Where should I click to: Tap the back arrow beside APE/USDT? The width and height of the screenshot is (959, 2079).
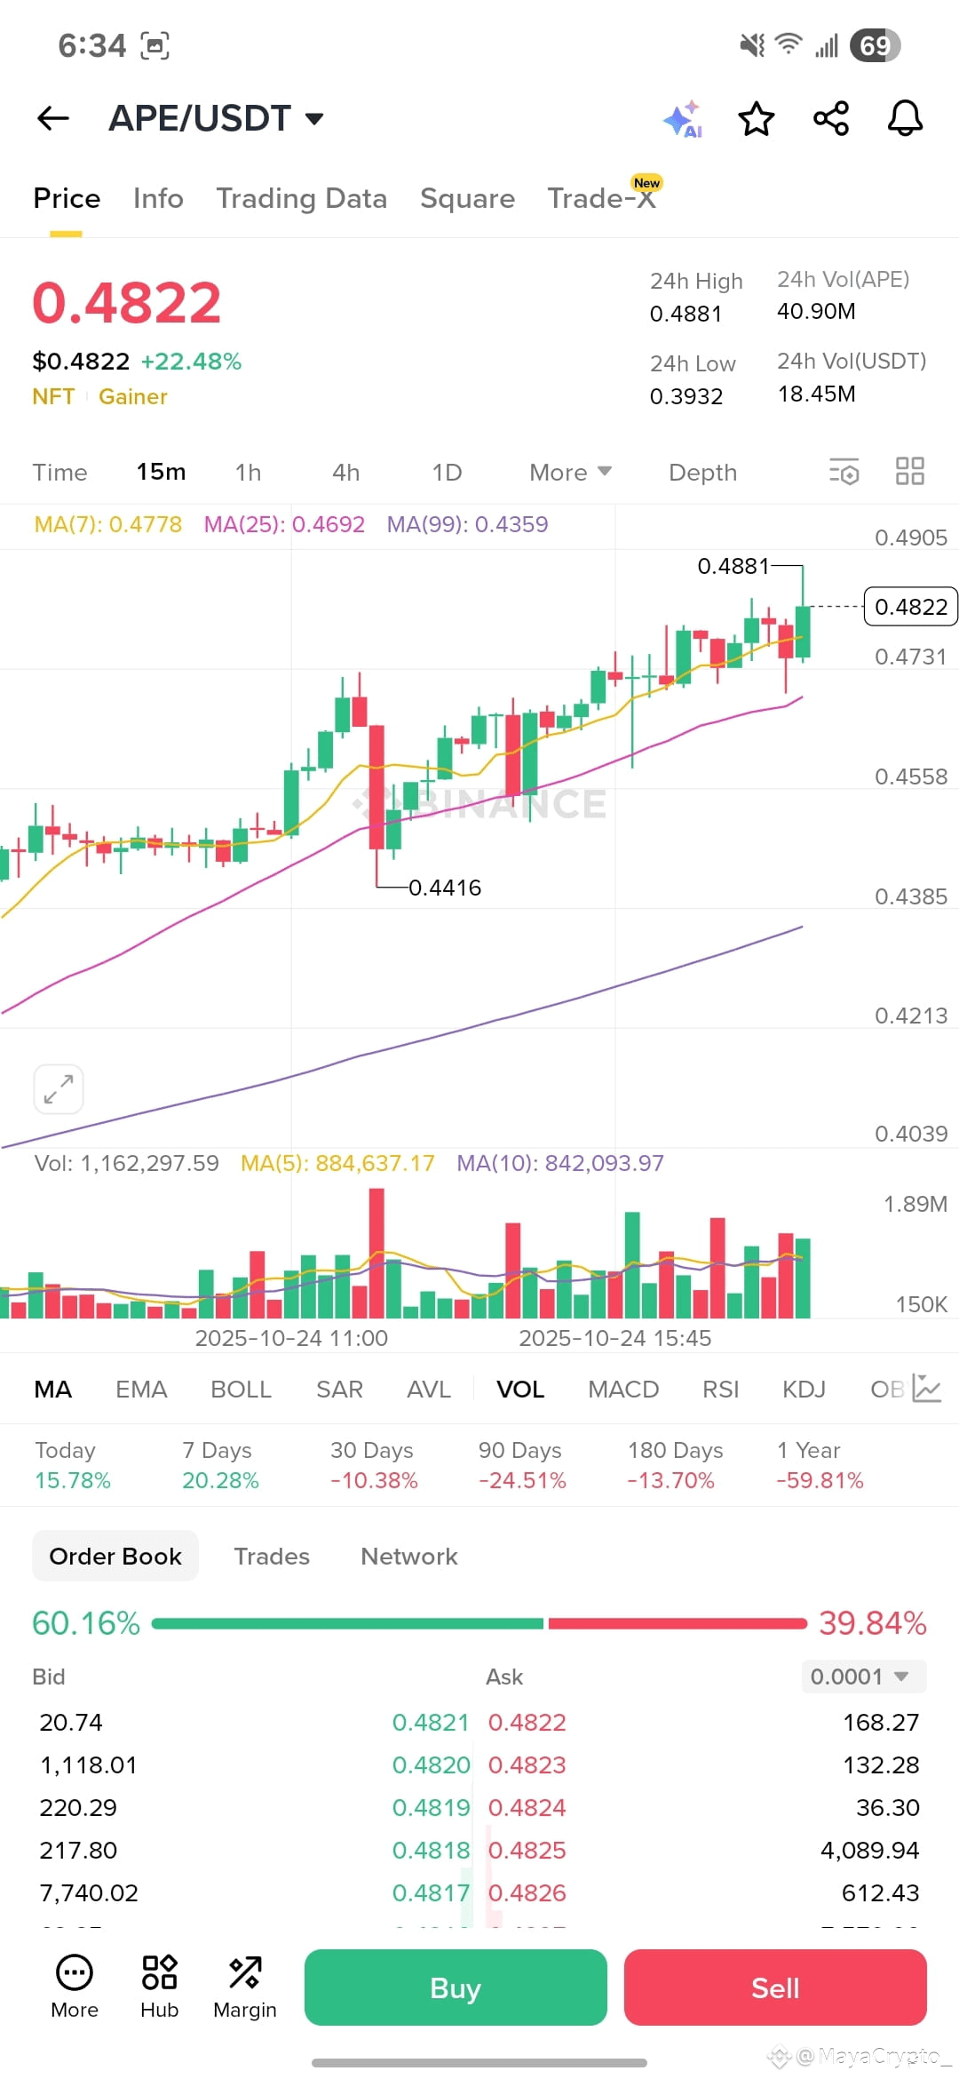[x=53, y=118]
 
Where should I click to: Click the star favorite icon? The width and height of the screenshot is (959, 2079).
[x=757, y=118]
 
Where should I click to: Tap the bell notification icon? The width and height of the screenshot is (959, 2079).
[x=905, y=118]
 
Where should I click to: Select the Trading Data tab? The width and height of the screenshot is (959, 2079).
[x=302, y=198]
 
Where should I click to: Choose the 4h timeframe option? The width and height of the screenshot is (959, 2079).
[x=345, y=473]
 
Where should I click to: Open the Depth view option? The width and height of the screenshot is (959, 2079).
[x=702, y=473]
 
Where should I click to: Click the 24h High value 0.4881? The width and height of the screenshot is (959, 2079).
[x=686, y=314]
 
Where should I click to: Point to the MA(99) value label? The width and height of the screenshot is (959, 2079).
[x=467, y=524]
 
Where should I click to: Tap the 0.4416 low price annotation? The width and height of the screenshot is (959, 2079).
[x=445, y=888]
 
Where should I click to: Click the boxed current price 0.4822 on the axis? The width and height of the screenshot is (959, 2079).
[x=911, y=607]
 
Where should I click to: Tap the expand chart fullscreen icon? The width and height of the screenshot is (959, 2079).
[x=59, y=1088]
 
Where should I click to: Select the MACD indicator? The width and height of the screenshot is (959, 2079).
[x=623, y=1390]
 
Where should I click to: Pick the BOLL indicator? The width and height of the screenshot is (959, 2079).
[x=241, y=1390]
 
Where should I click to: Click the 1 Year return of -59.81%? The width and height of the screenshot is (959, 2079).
[x=820, y=1480]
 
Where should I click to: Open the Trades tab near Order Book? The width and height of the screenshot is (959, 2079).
[x=272, y=1557]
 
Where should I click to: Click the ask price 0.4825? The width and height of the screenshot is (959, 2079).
[x=527, y=1850]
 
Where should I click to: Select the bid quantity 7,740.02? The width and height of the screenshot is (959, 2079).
[x=89, y=1892]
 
